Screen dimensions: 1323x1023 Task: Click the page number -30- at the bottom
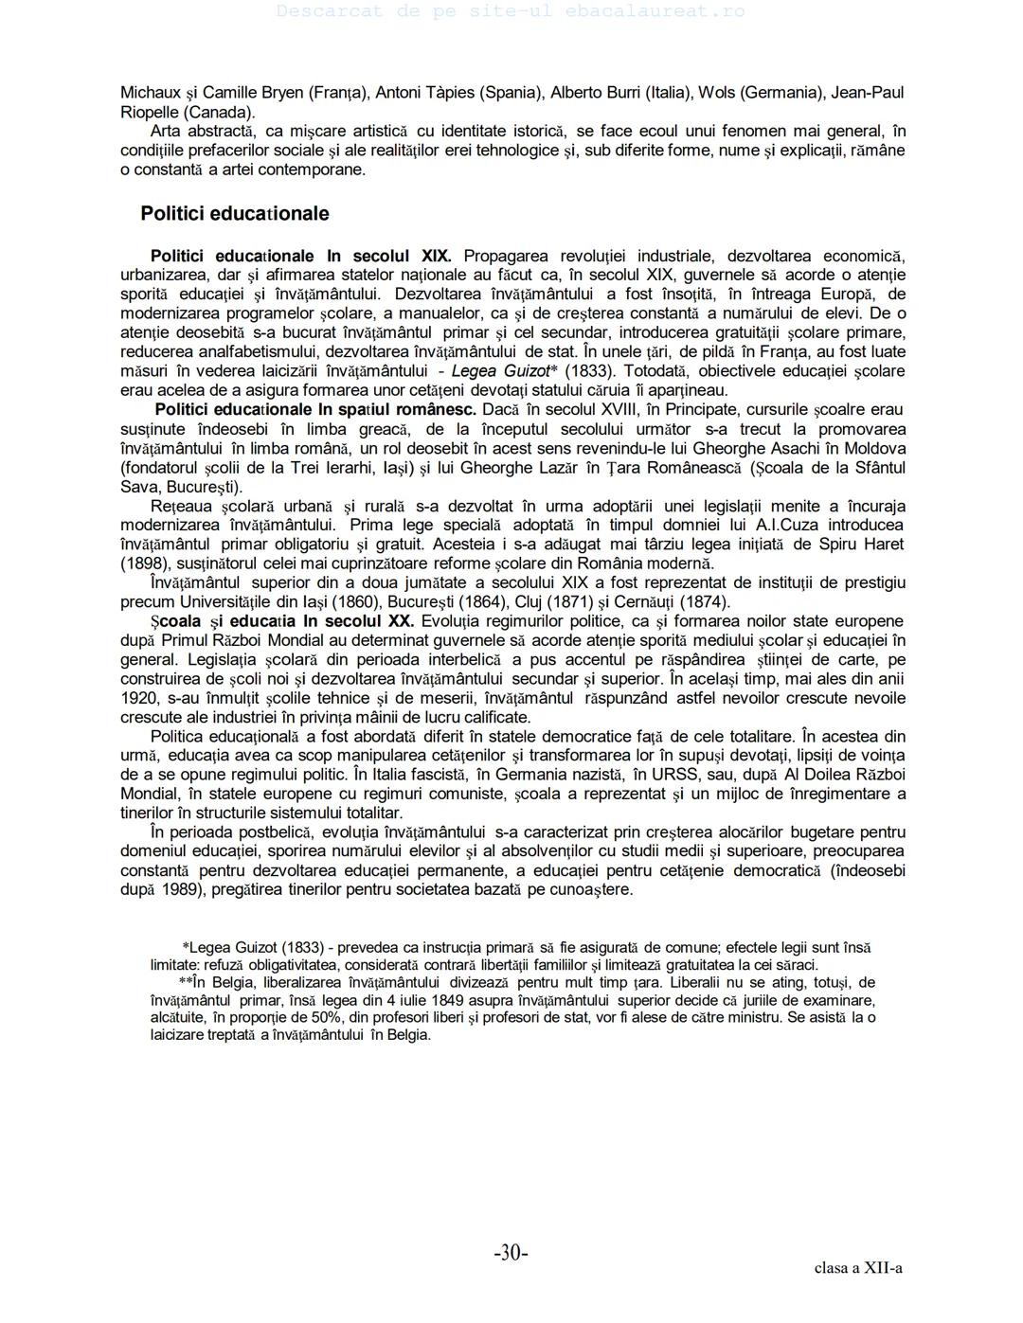click(x=511, y=1253)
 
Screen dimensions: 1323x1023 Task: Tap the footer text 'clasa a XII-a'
click(x=858, y=1268)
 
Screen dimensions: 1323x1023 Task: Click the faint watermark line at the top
click(x=511, y=11)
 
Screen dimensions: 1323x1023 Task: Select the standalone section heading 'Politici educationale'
click(x=235, y=214)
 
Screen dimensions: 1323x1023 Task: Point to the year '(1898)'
click(x=142, y=563)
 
